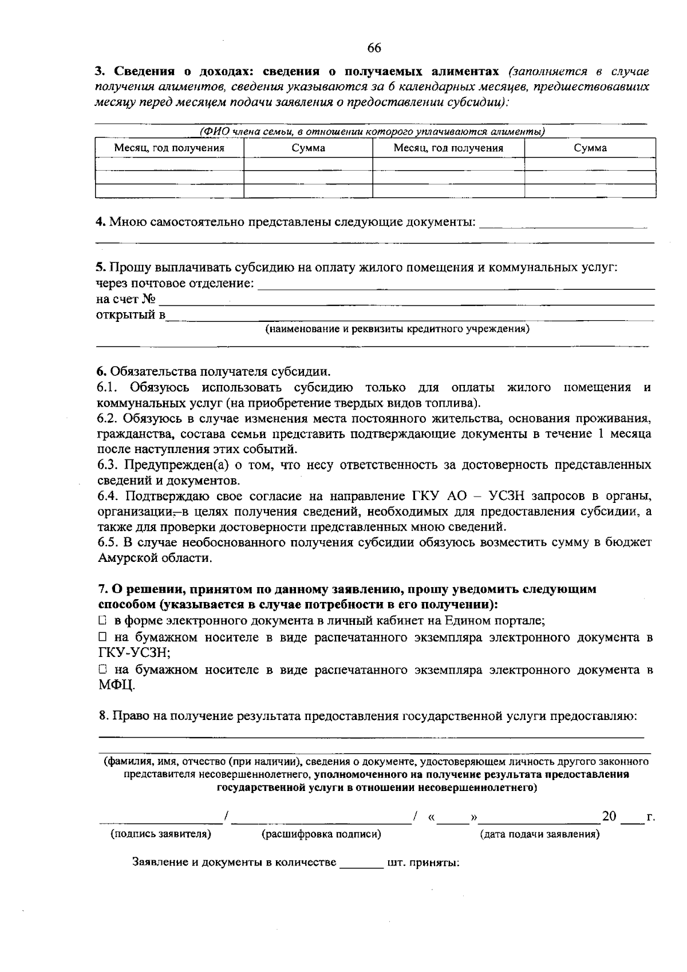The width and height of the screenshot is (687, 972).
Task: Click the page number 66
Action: (374, 48)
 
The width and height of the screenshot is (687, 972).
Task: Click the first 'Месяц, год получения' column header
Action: (169, 148)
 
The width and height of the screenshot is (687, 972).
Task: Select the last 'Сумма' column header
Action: (590, 148)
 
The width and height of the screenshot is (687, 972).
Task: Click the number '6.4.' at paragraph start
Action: (109, 495)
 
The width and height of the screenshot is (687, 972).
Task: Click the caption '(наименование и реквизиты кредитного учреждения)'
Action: (396, 329)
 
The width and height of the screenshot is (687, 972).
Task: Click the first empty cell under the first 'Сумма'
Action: (308, 164)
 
